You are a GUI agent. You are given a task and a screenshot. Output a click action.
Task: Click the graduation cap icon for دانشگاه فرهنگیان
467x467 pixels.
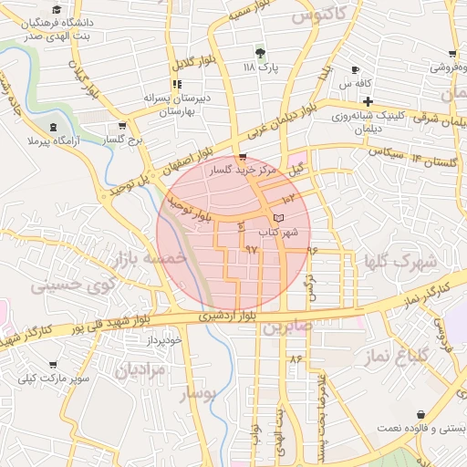tap(57, 9)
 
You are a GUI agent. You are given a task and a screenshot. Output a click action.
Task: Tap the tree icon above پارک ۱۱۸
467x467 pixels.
tap(261, 53)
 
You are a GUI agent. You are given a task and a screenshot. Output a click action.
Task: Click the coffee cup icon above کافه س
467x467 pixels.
tap(355, 70)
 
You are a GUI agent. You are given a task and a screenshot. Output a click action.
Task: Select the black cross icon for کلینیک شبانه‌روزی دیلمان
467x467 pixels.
tap(368, 101)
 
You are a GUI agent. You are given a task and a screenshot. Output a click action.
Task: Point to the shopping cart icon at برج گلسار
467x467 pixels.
tap(122, 127)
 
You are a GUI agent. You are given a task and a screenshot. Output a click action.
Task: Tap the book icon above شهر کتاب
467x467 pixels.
tap(278, 218)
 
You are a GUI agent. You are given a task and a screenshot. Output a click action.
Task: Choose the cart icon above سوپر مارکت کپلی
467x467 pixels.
tap(52, 364)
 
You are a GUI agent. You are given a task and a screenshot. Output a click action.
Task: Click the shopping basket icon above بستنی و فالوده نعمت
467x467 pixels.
tap(420, 414)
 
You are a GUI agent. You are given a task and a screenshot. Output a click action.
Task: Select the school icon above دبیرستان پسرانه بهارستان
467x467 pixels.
tap(176, 84)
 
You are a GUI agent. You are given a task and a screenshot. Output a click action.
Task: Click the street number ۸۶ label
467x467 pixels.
tap(295, 358)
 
